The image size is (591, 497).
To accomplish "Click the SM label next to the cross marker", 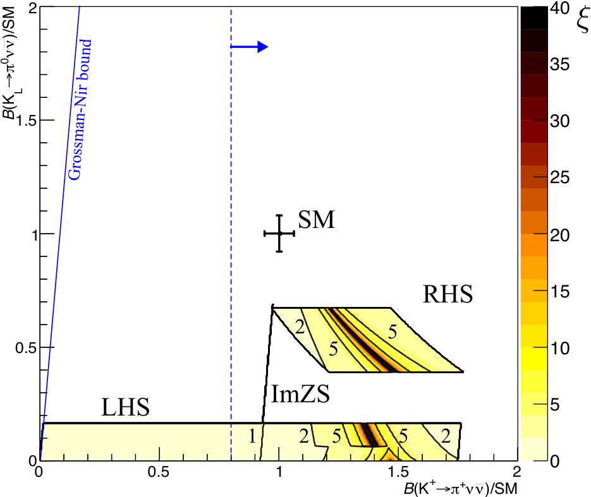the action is (316, 220).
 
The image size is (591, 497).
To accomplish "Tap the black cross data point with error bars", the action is (279, 234).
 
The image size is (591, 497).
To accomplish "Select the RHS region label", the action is (448, 294).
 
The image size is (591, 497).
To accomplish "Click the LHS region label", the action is (126, 407).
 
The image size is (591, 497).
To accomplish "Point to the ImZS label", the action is (300, 394).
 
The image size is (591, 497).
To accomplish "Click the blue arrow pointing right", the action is (249, 47).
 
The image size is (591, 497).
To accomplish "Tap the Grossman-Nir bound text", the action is (80, 109).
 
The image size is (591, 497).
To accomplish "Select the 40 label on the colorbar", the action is (560, 8).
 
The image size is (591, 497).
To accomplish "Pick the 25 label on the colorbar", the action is (560, 177).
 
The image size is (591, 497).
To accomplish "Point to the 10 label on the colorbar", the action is (560, 348).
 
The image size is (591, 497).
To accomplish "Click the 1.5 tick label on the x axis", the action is (398, 472).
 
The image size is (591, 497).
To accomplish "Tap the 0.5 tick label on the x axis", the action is (158, 472).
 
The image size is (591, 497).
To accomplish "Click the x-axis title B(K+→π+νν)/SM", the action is (461, 488).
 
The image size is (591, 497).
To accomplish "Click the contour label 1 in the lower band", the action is (252, 436).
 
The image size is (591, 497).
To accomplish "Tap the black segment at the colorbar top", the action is (534, 18).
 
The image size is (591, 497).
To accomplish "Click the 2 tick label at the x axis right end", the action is (517, 472).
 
